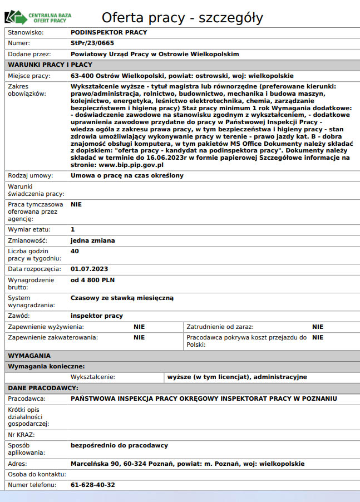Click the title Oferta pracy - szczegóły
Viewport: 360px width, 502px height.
tap(182, 17)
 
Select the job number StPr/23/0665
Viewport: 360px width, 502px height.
tap(92, 43)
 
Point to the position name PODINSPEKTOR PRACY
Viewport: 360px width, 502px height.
tap(109, 32)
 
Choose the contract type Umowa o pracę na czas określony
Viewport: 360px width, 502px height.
tap(127, 176)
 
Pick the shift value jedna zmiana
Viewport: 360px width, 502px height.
tap(93, 240)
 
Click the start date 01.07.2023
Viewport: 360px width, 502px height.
tap(89, 269)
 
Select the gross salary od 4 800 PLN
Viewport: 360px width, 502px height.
tap(92, 280)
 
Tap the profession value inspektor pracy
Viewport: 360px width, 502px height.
tap(97, 316)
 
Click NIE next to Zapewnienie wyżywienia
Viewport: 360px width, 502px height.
tap(139, 327)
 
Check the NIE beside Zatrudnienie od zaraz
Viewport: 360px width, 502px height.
tap(318, 327)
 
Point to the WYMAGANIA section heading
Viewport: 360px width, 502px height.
tap(29, 356)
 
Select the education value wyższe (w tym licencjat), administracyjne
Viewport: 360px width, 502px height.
tap(237, 377)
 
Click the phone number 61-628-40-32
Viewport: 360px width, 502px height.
tap(93, 485)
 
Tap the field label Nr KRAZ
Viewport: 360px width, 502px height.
tap(21, 434)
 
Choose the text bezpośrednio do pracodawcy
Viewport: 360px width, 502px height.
tap(119, 445)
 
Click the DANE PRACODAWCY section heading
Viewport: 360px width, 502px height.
tap(43, 388)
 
